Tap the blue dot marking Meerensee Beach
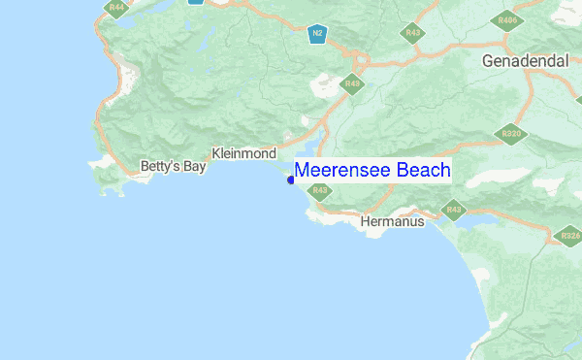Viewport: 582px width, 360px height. pos(291,180)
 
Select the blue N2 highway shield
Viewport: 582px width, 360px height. pos(316,34)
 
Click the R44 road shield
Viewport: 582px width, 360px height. pos(116,8)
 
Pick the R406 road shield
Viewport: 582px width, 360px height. pos(506,20)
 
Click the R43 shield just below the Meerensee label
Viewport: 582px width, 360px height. pos(319,190)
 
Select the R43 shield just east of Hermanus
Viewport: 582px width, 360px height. pos(453,209)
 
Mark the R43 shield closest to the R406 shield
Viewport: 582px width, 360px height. pos(414,33)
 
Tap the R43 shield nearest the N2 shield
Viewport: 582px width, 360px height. pos(352,83)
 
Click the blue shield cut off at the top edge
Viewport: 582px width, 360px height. pos(196,2)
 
